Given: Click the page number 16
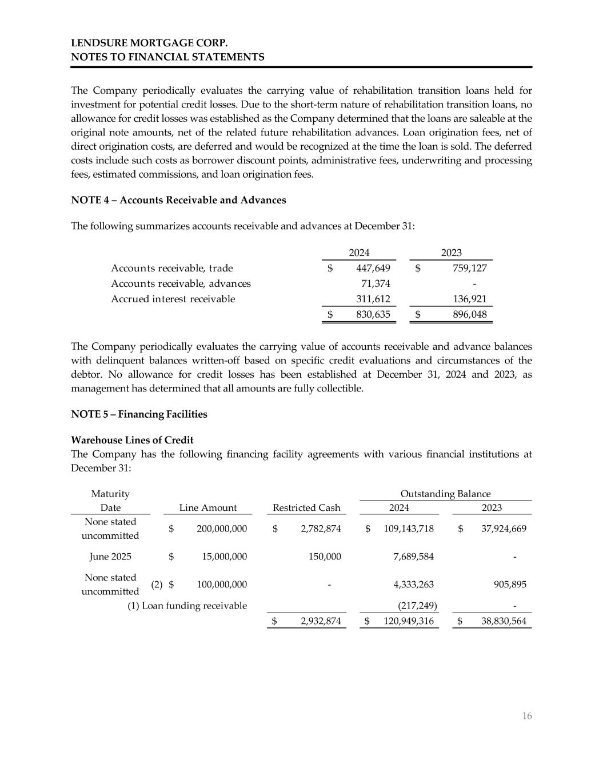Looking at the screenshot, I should pyautogui.click(x=526, y=716).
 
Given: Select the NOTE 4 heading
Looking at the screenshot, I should pyautogui.click(x=178, y=200).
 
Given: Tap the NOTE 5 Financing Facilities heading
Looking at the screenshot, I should pyautogui.click(x=139, y=414).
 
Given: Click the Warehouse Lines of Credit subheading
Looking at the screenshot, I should pyautogui.click(x=132, y=440).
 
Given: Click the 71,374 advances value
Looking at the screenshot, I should pyautogui.click(x=376, y=283).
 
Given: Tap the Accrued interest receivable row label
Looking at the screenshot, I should pyautogui.click(x=173, y=299).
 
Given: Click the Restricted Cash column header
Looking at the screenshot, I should pyautogui.click(x=306, y=507).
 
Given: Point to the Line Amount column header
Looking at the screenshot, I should pyautogui.click(x=208, y=507).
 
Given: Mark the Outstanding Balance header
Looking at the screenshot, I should pyautogui.click(x=445, y=494).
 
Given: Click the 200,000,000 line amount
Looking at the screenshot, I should pyautogui.click(x=222, y=529).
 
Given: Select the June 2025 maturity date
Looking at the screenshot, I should pyautogui.click(x=110, y=557).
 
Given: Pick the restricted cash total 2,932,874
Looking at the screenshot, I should pyautogui.click(x=321, y=621).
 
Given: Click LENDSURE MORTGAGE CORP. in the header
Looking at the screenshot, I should pyautogui.click(x=149, y=43).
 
